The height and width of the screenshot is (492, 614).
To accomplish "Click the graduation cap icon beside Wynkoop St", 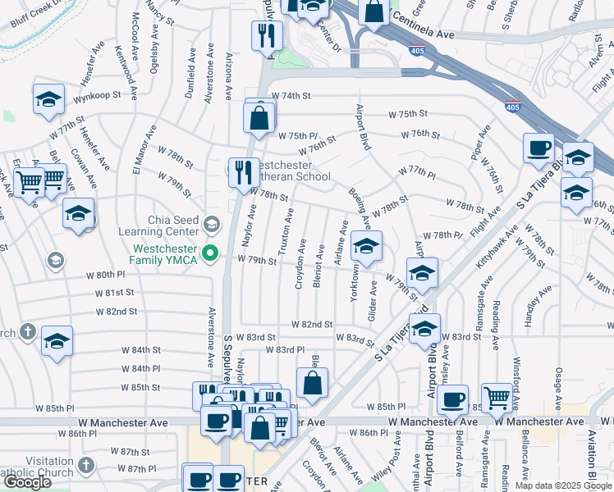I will tap(48, 100).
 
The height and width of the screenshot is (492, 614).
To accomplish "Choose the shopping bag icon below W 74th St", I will tap(259, 118).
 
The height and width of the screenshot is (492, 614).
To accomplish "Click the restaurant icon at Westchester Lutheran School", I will tap(244, 171).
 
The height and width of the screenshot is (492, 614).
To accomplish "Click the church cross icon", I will tap(27, 332).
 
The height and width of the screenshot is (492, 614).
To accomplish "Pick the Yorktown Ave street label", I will tap(355, 281).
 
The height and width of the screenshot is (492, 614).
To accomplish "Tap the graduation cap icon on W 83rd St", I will tap(424, 330).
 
